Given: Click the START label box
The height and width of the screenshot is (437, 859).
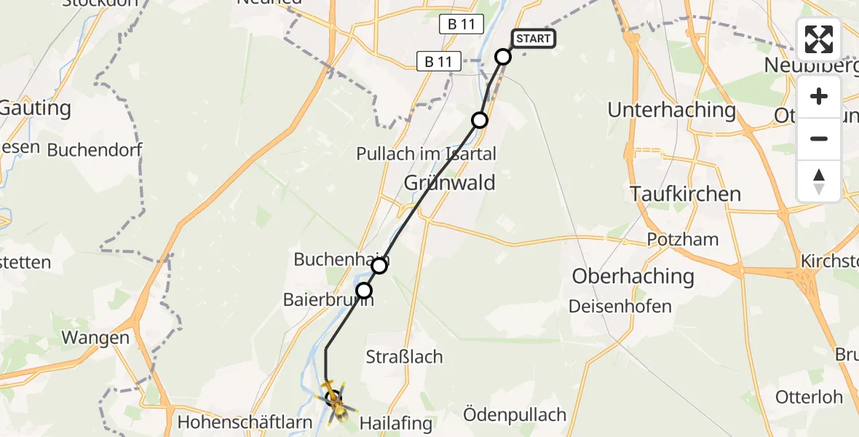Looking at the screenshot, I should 534,39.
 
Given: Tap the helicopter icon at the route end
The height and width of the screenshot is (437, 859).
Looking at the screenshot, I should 333,399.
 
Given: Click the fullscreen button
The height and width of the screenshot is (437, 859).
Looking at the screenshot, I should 819,39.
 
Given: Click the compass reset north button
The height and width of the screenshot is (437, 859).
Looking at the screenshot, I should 819,181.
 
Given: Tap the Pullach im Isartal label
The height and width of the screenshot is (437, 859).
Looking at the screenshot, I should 426,154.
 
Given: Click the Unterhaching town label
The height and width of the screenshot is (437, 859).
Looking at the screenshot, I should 672,110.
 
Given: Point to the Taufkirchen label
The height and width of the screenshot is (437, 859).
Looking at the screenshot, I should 685,194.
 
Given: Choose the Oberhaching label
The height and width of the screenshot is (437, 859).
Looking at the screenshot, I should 633,276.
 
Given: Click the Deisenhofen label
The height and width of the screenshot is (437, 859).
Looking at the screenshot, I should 621,306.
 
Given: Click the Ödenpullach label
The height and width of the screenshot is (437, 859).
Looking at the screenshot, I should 515,415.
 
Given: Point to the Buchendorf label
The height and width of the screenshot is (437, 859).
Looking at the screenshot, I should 94,151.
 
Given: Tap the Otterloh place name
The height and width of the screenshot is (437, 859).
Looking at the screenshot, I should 809,397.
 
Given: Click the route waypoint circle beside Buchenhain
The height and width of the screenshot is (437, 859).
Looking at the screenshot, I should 379,266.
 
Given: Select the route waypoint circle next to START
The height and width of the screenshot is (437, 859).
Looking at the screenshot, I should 503,57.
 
